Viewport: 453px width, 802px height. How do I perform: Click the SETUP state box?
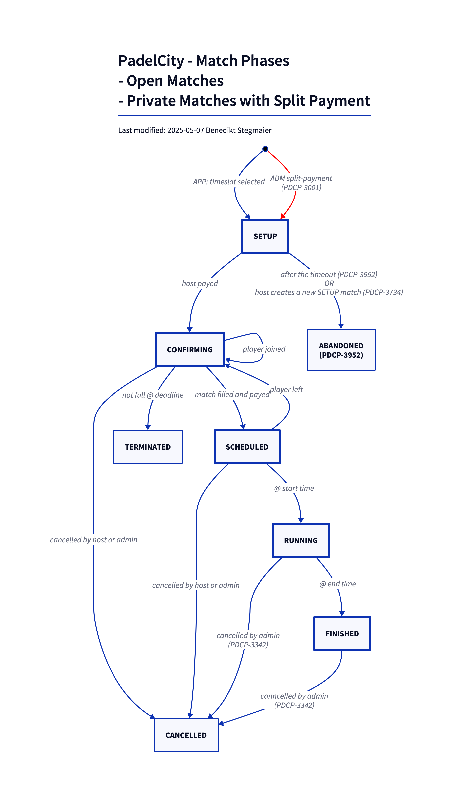[x=265, y=236]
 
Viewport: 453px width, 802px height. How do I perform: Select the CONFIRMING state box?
[x=190, y=350]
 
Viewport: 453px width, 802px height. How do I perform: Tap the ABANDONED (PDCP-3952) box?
[x=341, y=350]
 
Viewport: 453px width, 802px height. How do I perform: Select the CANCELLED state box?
[x=186, y=735]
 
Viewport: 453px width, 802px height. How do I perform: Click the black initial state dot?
[x=265, y=149]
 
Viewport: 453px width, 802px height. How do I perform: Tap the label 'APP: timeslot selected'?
[x=229, y=182]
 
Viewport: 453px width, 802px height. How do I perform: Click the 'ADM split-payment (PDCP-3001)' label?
[x=301, y=183]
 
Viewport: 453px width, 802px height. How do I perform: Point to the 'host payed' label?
[x=200, y=284]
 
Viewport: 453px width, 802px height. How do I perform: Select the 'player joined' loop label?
[x=264, y=349]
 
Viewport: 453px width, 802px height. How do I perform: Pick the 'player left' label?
[x=286, y=390]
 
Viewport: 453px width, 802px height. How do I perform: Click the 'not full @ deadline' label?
[x=153, y=395]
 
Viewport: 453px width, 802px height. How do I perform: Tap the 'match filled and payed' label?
[x=232, y=395]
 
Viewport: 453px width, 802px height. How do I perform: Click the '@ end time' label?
[x=338, y=584]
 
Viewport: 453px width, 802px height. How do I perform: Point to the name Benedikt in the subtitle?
[x=221, y=130]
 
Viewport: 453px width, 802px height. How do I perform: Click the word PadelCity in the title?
[x=151, y=61]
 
